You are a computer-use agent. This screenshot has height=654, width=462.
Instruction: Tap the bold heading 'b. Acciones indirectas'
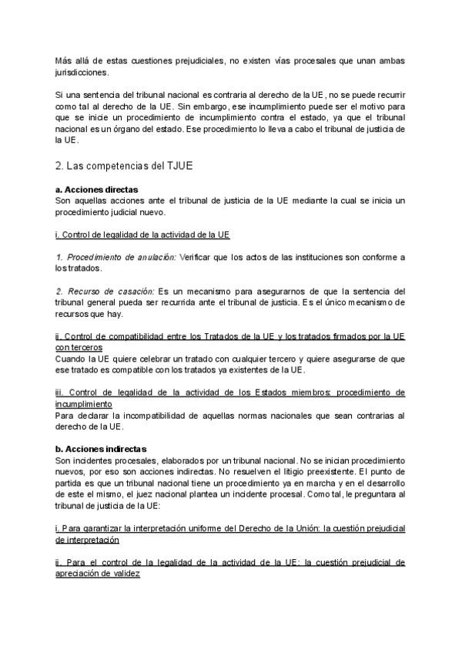[100, 447]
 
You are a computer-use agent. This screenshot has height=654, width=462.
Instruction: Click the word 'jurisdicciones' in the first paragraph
[82, 72]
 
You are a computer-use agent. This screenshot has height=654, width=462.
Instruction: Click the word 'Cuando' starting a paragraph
[71, 359]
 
